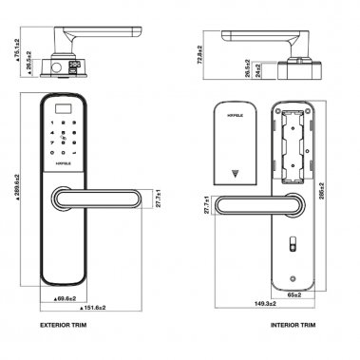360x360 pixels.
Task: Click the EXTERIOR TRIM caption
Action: click(71, 323)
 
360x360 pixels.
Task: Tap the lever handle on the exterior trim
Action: click(100, 198)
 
